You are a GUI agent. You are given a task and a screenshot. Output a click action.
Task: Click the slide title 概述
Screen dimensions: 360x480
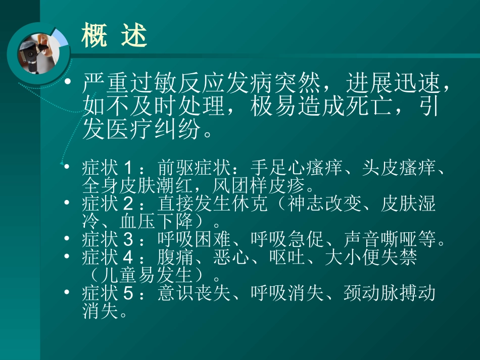point(114,37)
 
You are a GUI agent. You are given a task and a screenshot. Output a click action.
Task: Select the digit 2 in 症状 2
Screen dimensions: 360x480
point(128,205)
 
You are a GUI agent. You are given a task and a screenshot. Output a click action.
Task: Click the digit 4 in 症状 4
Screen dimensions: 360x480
point(128,258)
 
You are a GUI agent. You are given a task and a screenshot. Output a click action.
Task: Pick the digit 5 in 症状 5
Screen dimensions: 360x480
point(128,294)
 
